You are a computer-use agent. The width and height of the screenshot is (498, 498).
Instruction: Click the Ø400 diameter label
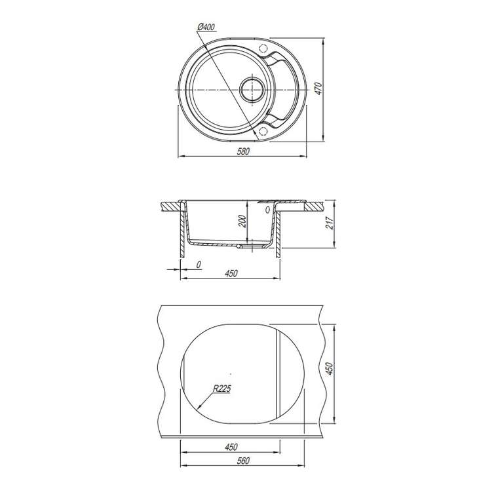(x=206, y=28)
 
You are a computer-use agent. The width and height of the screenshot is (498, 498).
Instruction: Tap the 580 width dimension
(x=243, y=151)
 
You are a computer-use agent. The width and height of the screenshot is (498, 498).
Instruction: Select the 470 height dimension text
(x=318, y=88)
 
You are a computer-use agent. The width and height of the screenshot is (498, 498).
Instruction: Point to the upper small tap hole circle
(x=263, y=48)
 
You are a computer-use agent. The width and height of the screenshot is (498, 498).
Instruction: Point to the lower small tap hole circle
(x=263, y=131)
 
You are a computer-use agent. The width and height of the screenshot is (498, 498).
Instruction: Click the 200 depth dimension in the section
(x=242, y=221)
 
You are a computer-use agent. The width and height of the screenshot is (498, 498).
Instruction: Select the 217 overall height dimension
(x=330, y=223)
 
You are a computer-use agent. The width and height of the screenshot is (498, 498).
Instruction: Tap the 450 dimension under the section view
(x=231, y=273)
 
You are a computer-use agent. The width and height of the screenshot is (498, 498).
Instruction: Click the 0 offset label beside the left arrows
(x=199, y=264)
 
